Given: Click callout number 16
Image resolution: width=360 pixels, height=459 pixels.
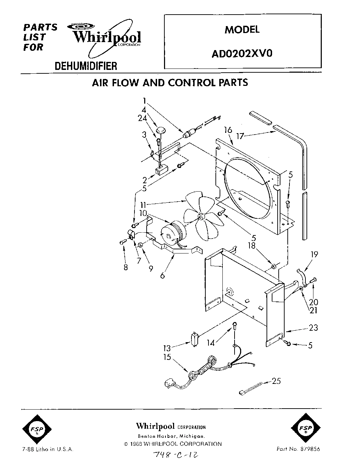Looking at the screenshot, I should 228,130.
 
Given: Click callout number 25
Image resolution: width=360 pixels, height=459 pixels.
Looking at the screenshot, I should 276,381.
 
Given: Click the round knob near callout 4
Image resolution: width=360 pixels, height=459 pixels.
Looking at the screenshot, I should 161,130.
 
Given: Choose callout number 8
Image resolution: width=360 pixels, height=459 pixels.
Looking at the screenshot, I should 125,267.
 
